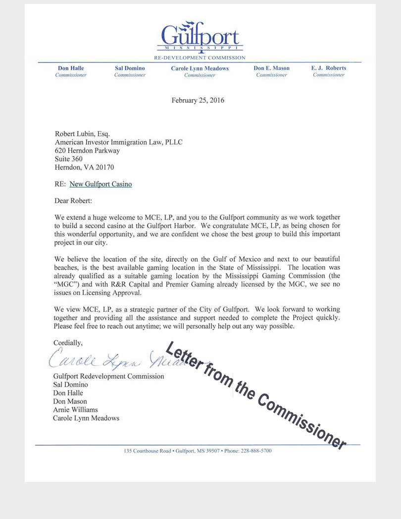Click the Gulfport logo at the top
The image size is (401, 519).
(200, 36)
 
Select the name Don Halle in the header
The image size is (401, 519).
(71, 68)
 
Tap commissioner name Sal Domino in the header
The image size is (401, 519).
(130, 68)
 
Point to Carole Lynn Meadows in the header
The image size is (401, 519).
(200, 68)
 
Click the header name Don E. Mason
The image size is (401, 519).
(271, 68)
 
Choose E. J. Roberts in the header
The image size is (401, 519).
(329, 68)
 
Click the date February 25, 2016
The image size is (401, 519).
(198, 101)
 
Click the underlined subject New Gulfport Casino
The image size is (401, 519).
(100, 184)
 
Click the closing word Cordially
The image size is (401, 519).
(68, 343)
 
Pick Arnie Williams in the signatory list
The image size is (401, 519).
(75, 409)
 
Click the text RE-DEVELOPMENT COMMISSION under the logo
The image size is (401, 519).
(200, 58)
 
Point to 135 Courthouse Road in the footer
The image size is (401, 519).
(148, 451)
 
